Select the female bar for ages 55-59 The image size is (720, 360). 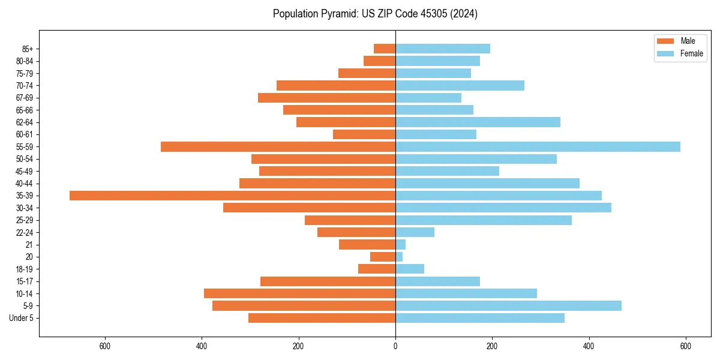[x=538, y=146]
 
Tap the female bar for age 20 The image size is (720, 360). [x=399, y=257]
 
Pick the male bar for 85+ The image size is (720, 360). [x=385, y=49]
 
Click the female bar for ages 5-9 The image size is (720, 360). [x=508, y=306]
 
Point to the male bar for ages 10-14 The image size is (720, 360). [x=299, y=293]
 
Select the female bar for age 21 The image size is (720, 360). [x=401, y=245]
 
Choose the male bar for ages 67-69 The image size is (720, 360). [x=326, y=98]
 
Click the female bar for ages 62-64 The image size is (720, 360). [x=478, y=122]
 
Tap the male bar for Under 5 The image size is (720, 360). [x=322, y=318]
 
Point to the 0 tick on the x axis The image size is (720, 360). [x=395, y=346]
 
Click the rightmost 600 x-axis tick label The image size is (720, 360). [x=685, y=346]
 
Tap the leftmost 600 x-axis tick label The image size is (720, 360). [x=105, y=346]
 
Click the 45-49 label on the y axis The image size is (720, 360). [x=24, y=171]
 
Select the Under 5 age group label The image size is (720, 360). [x=21, y=318]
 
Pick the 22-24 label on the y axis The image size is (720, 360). [x=24, y=232]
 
